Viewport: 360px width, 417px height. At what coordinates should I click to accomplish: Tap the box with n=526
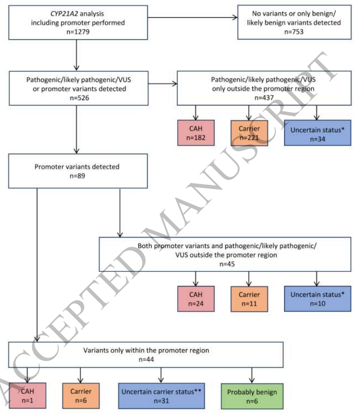[x=77, y=88]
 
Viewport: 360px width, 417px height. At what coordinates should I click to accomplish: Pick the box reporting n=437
[x=263, y=88]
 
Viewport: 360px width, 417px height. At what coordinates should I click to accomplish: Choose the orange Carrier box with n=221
[x=248, y=133]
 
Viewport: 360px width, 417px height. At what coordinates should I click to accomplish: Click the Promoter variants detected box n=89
[x=77, y=171]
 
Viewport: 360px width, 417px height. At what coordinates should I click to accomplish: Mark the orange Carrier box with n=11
[x=248, y=299]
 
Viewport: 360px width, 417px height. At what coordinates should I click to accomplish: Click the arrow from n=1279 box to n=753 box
[x=192, y=17]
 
